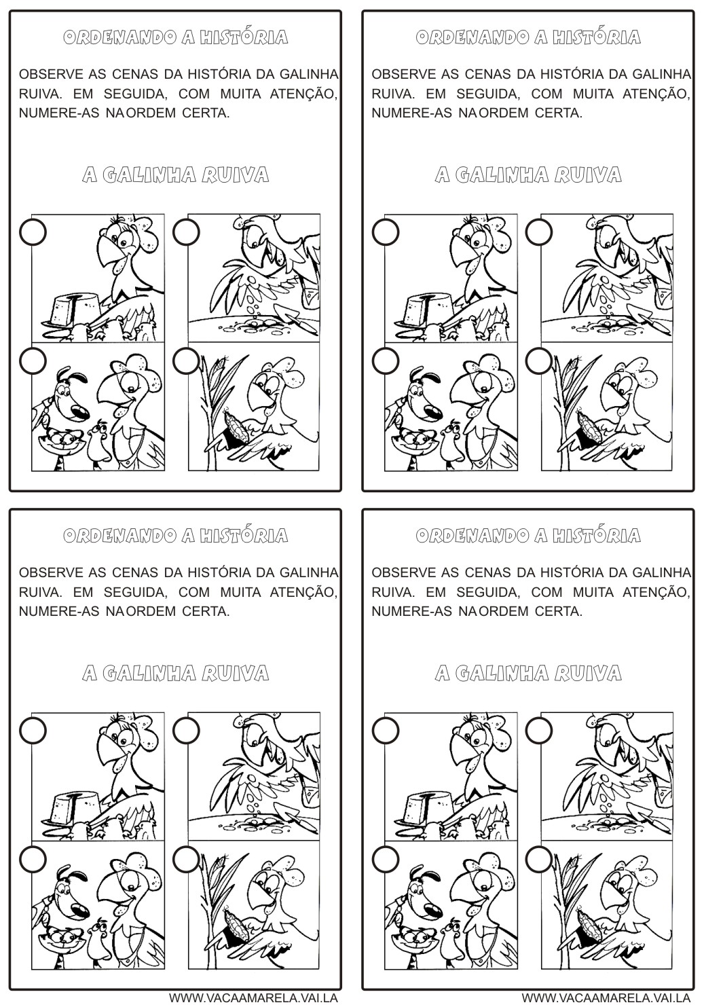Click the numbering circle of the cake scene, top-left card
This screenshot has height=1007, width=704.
pos(33,232)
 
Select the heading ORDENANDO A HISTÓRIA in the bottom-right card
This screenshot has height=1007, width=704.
pos(527,536)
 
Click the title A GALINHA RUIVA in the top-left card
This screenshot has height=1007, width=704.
pos(175,175)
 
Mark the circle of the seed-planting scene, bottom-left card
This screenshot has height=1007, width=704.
pos(186,730)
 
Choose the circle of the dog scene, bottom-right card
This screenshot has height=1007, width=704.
pos(386,860)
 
